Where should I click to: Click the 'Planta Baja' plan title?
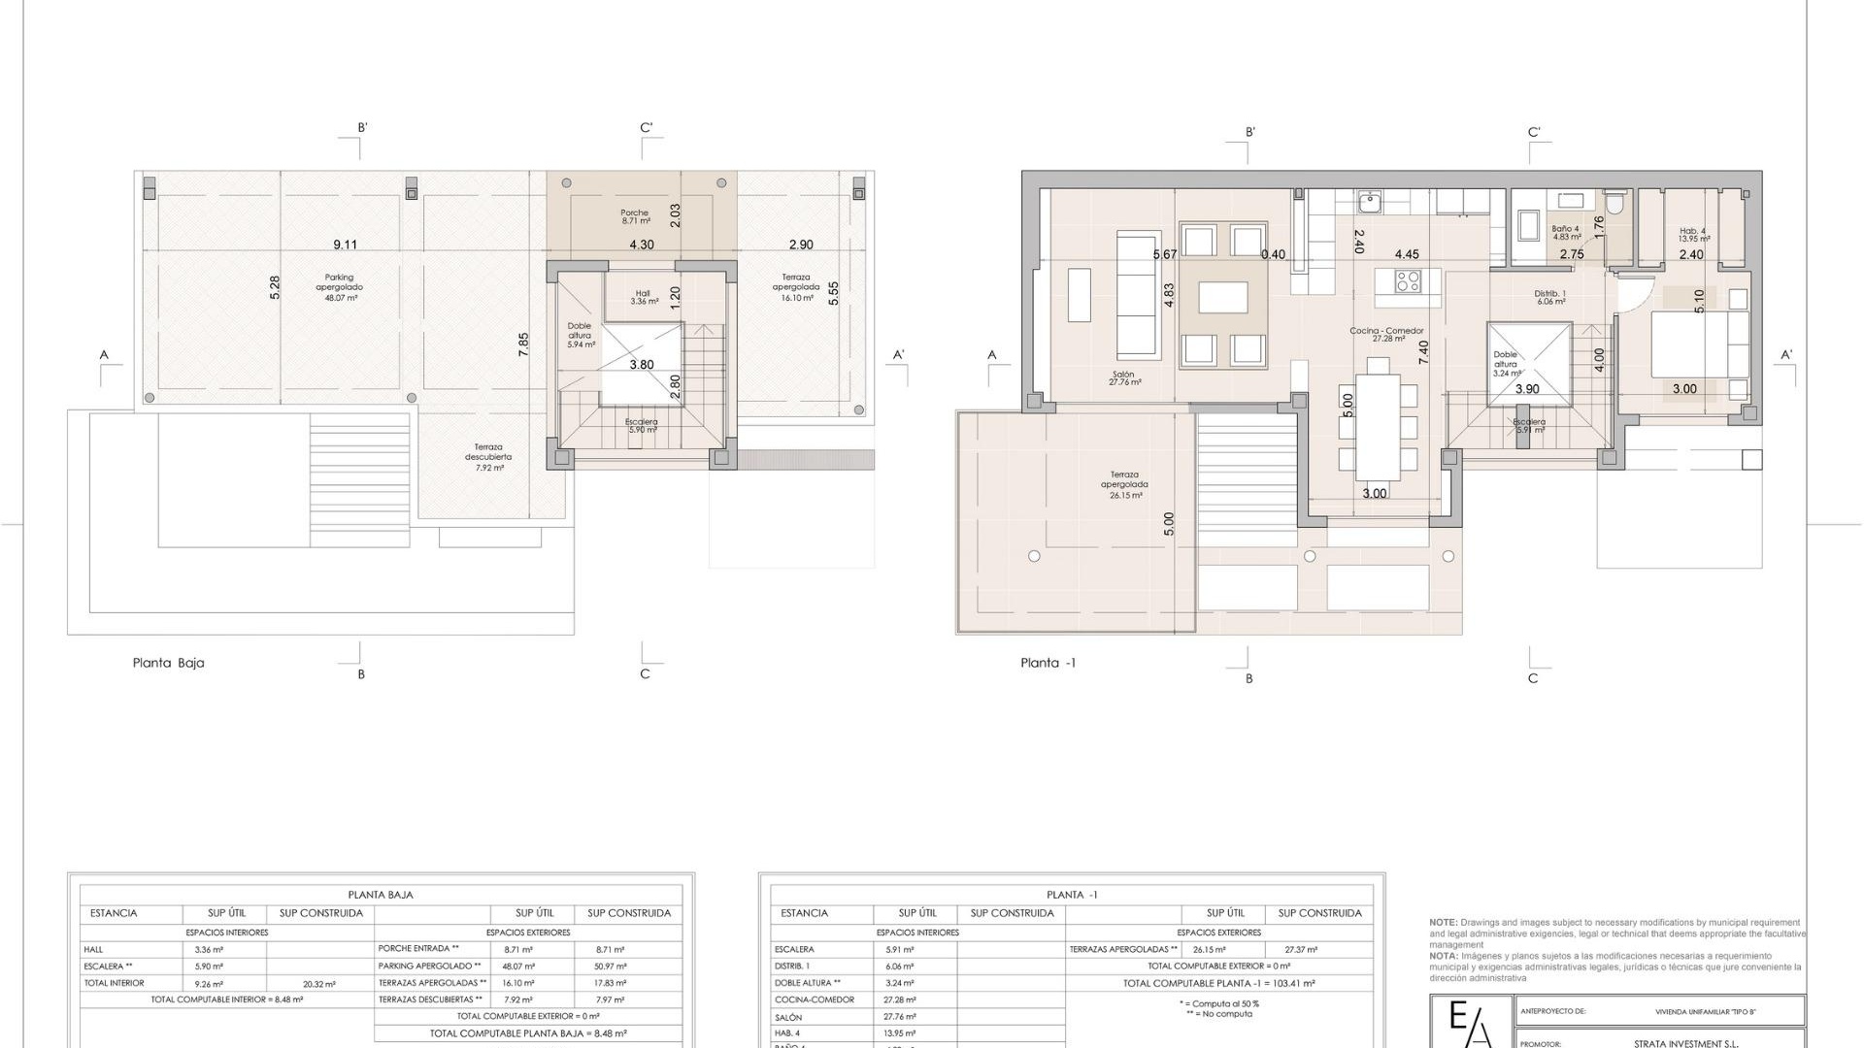(x=168, y=664)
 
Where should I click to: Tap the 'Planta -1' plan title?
(x=1048, y=664)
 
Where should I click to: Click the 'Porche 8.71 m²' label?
(x=634, y=216)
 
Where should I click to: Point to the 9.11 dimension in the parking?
(x=345, y=246)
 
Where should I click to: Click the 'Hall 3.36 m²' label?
(x=643, y=297)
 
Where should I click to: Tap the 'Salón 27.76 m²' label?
(x=1124, y=377)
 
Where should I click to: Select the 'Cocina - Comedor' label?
(x=1386, y=331)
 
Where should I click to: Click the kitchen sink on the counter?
(x=1370, y=203)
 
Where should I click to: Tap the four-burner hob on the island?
(x=1408, y=281)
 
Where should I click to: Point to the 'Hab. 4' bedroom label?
(x=1693, y=232)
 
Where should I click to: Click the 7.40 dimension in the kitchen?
(x=1423, y=352)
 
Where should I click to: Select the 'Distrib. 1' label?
(x=1549, y=294)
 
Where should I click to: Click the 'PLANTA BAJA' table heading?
(x=381, y=895)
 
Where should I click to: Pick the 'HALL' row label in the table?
(x=93, y=950)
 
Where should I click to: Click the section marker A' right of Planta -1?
(x=1786, y=354)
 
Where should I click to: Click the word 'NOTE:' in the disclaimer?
(x=1443, y=923)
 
